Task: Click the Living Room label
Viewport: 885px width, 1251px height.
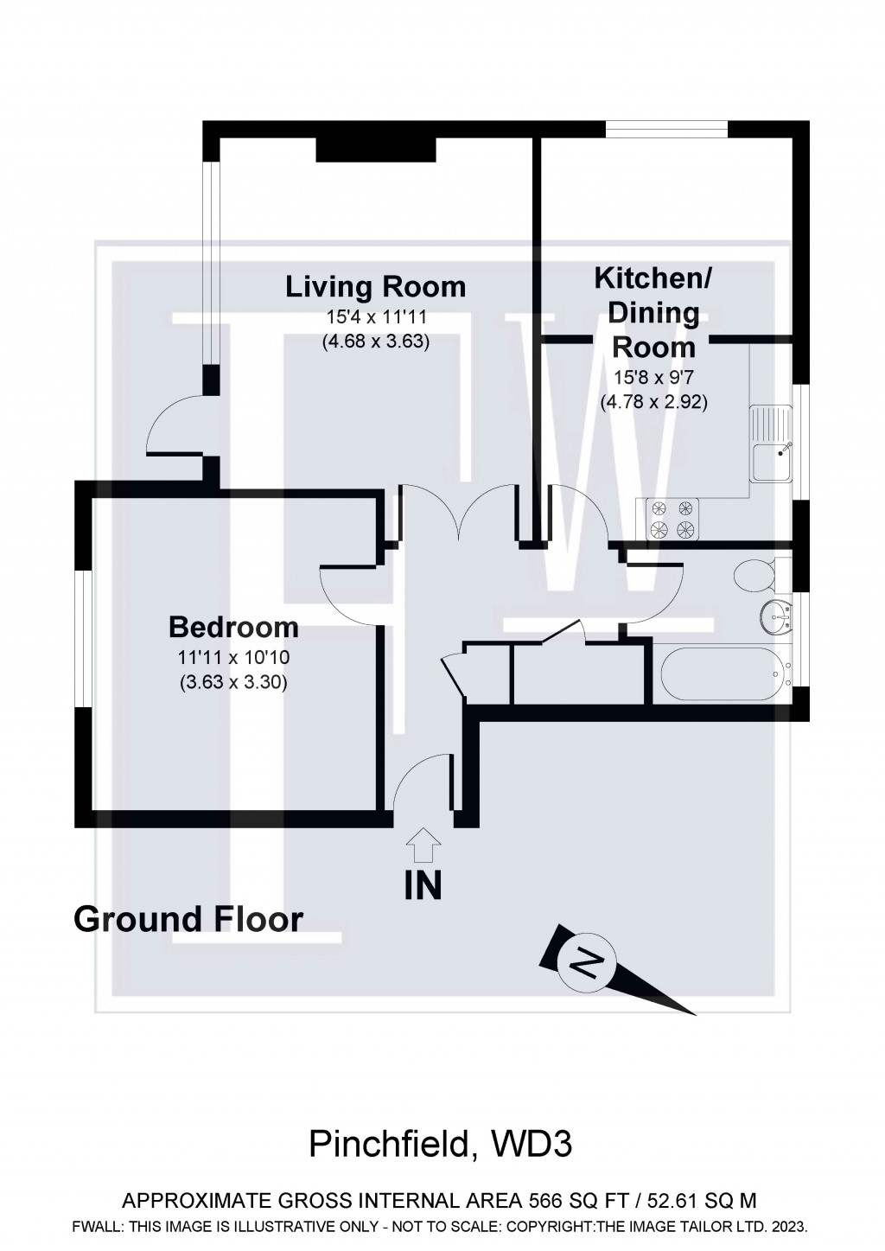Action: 375,286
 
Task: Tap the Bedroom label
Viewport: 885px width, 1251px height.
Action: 233,627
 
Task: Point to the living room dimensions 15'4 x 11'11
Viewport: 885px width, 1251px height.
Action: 375,316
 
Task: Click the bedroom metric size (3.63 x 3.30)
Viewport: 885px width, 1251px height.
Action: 233,682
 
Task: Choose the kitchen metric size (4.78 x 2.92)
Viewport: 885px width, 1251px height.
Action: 653,401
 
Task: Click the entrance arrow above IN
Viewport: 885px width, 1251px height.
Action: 423,845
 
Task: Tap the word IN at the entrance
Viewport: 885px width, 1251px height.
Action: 423,885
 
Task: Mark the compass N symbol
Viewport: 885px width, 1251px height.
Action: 589,962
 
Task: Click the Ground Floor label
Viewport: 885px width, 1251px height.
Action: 188,919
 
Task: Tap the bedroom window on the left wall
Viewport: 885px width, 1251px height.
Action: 83,638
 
